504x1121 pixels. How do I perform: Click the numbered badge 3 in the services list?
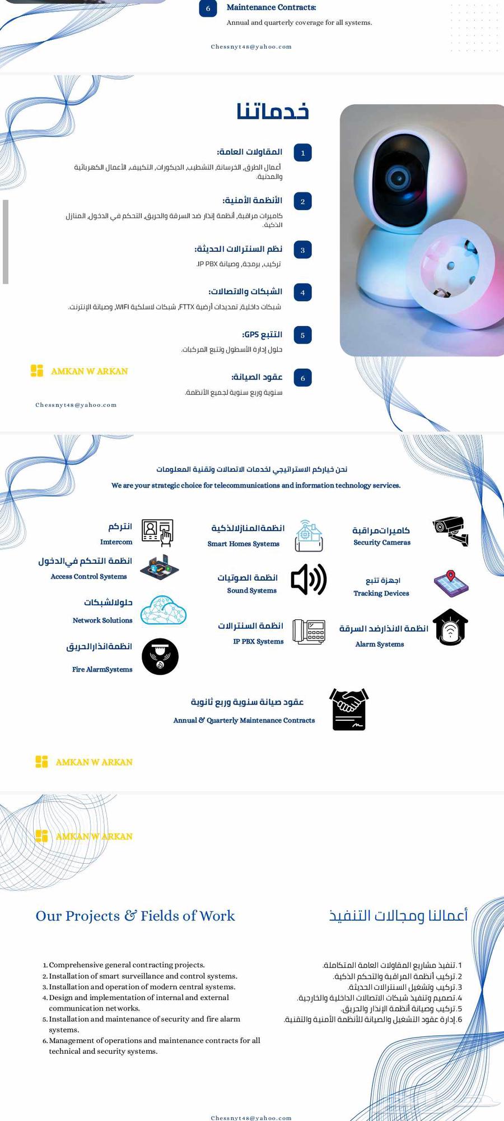click(x=302, y=250)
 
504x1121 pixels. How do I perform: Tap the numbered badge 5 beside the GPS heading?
click(x=302, y=335)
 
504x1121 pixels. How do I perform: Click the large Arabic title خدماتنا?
click(x=273, y=111)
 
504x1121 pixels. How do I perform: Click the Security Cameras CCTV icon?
click(x=451, y=531)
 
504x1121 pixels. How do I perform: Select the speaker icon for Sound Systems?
click(x=309, y=580)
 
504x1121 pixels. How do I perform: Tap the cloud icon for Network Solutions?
click(x=163, y=610)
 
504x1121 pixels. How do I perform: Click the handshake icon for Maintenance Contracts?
click(x=349, y=710)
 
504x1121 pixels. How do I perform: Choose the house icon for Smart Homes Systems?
click(x=309, y=535)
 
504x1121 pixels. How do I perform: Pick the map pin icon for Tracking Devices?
click(x=451, y=583)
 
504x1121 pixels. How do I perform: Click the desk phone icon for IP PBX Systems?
click(x=309, y=632)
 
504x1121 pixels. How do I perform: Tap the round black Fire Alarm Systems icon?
click(x=160, y=656)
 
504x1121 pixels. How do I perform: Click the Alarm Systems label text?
click(x=379, y=644)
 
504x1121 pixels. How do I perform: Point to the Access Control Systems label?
click(x=88, y=576)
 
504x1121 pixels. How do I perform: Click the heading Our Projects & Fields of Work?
click(x=135, y=916)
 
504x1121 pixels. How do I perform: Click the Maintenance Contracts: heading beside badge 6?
click(x=271, y=7)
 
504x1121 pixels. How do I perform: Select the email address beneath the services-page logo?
click(x=76, y=405)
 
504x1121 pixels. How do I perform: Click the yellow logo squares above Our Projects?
click(x=41, y=836)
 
